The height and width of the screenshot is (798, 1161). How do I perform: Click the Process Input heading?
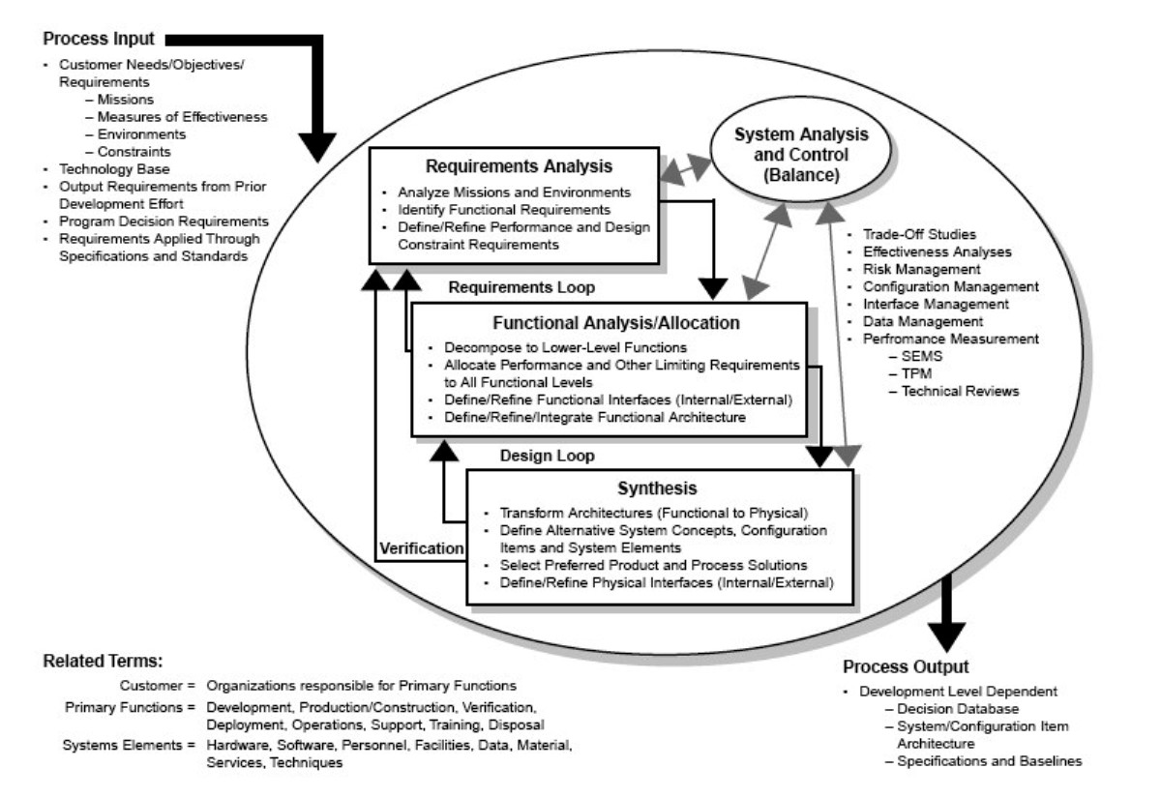pos(99,39)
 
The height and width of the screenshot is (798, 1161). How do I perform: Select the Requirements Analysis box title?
pos(519,166)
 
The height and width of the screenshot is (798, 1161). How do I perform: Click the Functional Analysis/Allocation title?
pos(615,323)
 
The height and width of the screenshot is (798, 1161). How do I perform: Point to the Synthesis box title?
pos(657,488)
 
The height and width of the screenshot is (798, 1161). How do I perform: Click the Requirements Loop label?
pos(521,287)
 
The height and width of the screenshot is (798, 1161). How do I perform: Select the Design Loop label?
pos(547,456)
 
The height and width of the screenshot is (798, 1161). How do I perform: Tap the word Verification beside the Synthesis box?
pos(422,548)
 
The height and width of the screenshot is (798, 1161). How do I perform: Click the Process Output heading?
pos(906,666)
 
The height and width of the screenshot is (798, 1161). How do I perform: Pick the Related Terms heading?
pos(103,662)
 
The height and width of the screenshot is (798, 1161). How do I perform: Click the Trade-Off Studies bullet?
pos(919,235)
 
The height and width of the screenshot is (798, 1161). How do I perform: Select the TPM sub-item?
pos(916,373)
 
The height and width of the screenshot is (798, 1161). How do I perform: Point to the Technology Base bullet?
pos(114,169)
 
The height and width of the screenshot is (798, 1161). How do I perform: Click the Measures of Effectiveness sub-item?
pos(183,117)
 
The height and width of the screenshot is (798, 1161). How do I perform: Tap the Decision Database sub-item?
pos(958,709)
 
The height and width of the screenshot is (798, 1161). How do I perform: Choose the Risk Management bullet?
pos(921,270)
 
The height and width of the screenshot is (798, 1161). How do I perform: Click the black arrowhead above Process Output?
pos(946,636)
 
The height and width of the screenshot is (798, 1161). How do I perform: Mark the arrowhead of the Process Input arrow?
pos(317,148)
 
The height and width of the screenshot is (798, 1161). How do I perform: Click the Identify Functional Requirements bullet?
pos(504,210)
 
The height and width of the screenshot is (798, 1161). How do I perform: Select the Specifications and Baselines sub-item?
pos(990,761)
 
